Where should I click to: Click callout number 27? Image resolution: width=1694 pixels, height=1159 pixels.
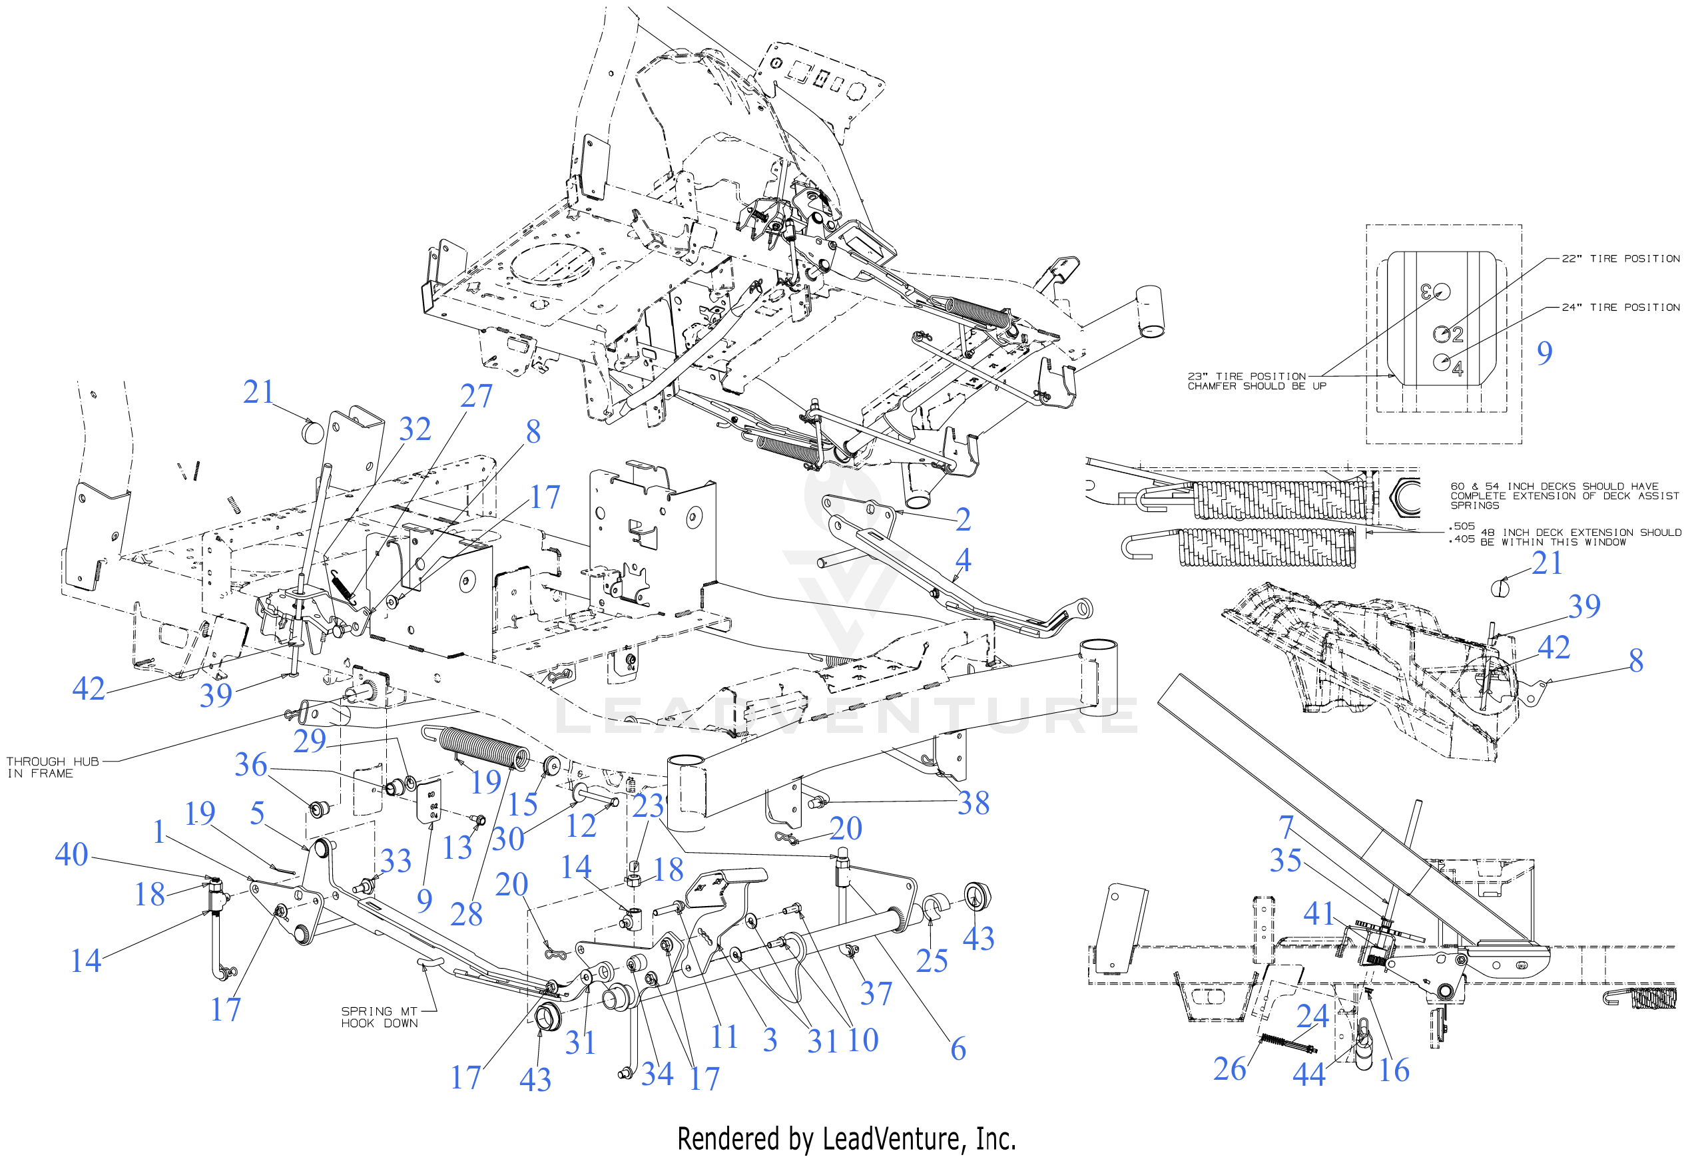pyautogui.click(x=476, y=396)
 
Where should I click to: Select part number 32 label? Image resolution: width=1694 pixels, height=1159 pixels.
pyautogui.click(x=415, y=429)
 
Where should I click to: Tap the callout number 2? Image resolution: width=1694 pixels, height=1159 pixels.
pyautogui.click(x=963, y=519)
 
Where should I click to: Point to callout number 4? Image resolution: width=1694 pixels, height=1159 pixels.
pyautogui.click(x=963, y=559)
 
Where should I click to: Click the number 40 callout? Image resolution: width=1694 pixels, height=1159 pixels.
pyautogui.click(x=71, y=853)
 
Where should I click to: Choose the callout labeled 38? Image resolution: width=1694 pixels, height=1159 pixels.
pyautogui.click(x=973, y=803)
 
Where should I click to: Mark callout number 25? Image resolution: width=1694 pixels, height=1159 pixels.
pyautogui.click(x=932, y=960)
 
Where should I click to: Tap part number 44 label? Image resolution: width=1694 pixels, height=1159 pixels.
pyautogui.click(x=1308, y=1074)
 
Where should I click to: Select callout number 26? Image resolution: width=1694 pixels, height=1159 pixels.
pyautogui.click(x=1230, y=1068)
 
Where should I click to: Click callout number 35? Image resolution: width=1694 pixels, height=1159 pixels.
pyautogui.click(x=1286, y=860)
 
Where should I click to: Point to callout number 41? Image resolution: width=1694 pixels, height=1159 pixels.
pyautogui.click(x=1318, y=913)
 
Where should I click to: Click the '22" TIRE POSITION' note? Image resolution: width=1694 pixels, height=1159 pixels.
pyautogui.click(x=1620, y=259)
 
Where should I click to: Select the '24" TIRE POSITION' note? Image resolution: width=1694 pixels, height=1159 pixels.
pyautogui.click(x=1620, y=308)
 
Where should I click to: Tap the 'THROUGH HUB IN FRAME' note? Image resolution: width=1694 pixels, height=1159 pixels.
pyautogui.click(x=52, y=767)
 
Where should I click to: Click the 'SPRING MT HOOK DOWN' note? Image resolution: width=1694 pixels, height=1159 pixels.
pyautogui.click(x=379, y=1017)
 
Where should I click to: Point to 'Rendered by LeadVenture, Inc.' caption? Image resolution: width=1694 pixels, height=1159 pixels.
pyautogui.click(x=846, y=1138)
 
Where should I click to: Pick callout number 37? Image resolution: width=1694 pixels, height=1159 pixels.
pyautogui.click(x=876, y=993)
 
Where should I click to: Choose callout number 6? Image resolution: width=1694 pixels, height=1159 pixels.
pyautogui.click(x=958, y=1048)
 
